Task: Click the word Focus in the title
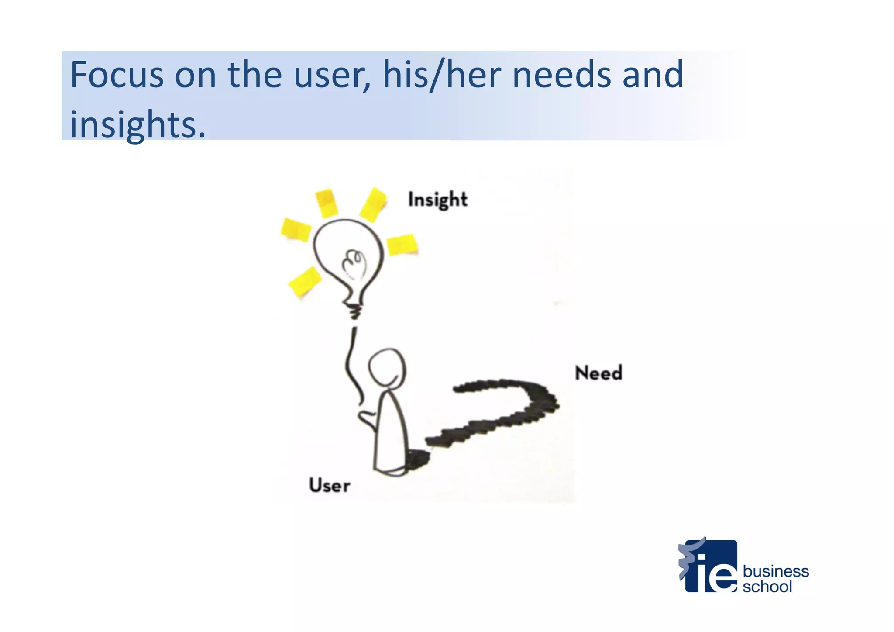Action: point(117,75)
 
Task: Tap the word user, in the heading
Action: point(332,75)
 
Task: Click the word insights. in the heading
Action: point(138,125)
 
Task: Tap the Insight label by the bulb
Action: point(437,200)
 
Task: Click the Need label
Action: point(598,373)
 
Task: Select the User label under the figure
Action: point(330,486)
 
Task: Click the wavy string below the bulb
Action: point(353,367)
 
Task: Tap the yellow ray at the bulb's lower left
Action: point(305,281)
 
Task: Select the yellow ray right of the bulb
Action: point(402,245)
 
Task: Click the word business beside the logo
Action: point(776,571)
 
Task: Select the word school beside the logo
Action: point(767,587)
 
